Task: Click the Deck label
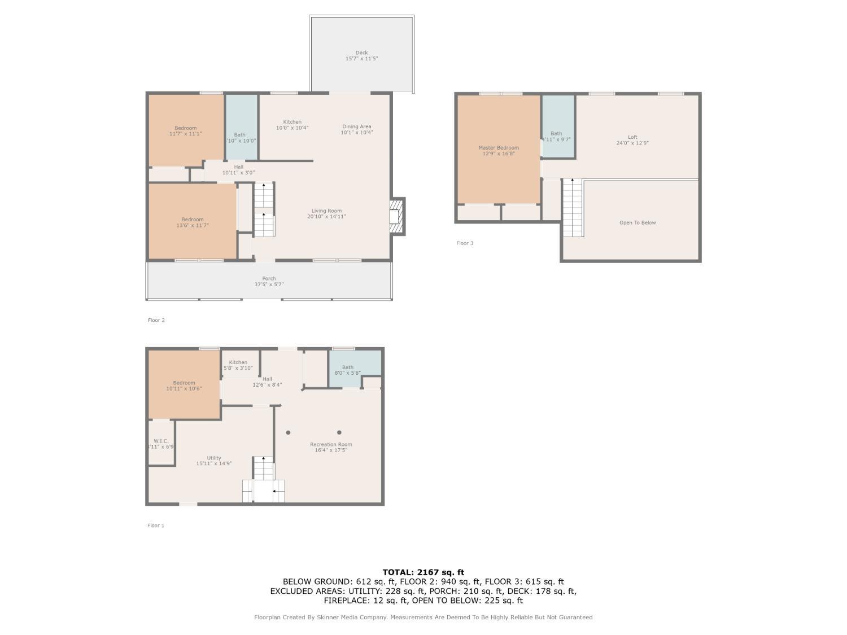pos(361,53)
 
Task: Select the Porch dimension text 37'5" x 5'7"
pos(269,284)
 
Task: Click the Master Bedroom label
pos(499,148)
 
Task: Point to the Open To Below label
pos(638,222)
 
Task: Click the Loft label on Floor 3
pos(632,137)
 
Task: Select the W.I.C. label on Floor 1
pos(161,441)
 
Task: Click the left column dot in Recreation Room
pos(288,433)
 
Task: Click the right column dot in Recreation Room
pos(339,433)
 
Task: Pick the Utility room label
pos(214,458)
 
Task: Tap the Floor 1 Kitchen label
pos(238,362)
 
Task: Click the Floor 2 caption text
pos(156,320)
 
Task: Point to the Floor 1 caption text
pos(156,525)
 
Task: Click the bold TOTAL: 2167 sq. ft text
pos(423,572)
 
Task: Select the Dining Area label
pos(357,126)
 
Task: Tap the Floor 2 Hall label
pos(239,167)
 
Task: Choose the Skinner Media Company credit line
pos(423,618)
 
